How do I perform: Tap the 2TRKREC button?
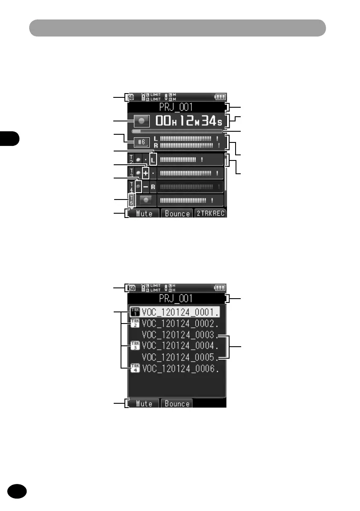210,213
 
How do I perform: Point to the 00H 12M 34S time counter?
189,121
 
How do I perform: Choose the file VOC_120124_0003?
181,334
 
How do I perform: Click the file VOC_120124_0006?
181,368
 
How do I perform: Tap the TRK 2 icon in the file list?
135,323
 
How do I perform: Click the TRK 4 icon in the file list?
135,368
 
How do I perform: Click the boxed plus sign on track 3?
145,174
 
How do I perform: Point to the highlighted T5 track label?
132,200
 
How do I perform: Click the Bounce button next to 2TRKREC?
176,213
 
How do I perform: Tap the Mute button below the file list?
144,404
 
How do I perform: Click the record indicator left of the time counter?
142,121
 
